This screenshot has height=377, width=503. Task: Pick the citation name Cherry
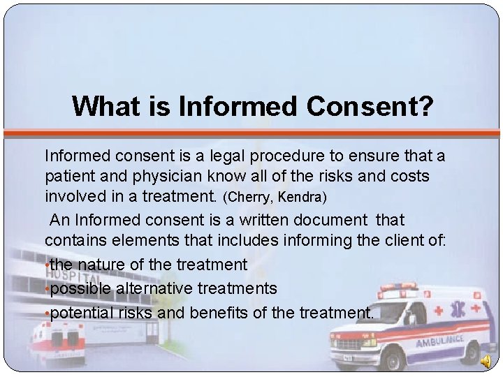[x=255, y=198]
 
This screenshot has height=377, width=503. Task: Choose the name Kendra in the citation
[x=301, y=198]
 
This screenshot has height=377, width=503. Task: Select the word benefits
[x=218, y=312]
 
